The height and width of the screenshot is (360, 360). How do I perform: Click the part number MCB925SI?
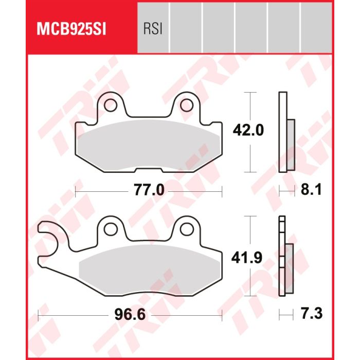[x=71, y=29]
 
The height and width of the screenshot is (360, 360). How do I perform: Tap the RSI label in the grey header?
[x=153, y=29]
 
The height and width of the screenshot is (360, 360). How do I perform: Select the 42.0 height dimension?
[x=248, y=131]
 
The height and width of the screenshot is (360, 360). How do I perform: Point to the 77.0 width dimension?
[x=149, y=190]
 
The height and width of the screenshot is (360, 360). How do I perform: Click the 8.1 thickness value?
[x=311, y=190]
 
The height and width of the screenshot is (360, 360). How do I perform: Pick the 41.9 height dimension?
[x=247, y=258]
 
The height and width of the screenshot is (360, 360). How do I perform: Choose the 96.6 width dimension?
[x=130, y=314]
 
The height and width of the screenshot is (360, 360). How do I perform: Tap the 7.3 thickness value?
[x=312, y=313]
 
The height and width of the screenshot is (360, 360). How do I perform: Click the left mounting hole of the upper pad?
[x=110, y=105]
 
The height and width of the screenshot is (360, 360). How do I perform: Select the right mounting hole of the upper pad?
[x=187, y=105]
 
